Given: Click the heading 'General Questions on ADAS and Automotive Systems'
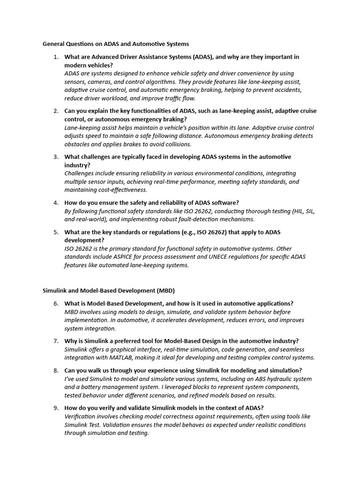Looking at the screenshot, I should pyautogui.click(x=116, y=44).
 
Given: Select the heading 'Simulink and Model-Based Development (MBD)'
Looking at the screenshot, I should pyautogui.click(x=109, y=290).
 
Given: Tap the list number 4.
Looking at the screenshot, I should pyautogui.click(x=55, y=202).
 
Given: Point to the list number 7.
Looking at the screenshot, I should pyautogui.click(x=55, y=341).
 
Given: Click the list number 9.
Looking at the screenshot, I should pyautogui.click(x=55, y=408).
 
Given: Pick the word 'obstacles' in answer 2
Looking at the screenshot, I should pyautogui.click(x=77, y=144).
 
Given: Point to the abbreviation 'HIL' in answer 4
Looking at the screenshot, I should pyautogui.click(x=291, y=211).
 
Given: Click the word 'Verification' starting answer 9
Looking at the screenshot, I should pyautogui.click(x=81, y=416).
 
